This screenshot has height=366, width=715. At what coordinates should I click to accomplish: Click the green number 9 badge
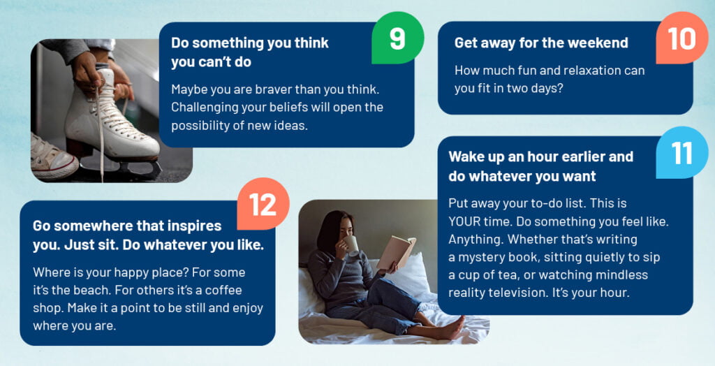pyautogui.click(x=397, y=38)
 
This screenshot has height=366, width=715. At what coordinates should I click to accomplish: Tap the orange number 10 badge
pyautogui.click(x=681, y=38)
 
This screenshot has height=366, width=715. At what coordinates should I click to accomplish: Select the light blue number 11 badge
pyautogui.click(x=682, y=152)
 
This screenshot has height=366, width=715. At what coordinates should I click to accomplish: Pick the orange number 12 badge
pyautogui.click(x=263, y=204)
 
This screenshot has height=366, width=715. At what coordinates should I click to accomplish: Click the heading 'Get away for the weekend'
pyautogui.click(x=541, y=43)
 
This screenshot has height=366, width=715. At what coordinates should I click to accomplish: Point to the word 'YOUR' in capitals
pyautogui.click(x=464, y=221)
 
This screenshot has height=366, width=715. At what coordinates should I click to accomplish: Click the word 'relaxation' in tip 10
pyautogui.click(x=583, y=71)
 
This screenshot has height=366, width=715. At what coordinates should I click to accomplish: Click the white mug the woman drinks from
pyautogui.click(x=351, y=244)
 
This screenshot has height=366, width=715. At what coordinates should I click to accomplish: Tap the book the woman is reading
pyautogui.click(x=395, y=252)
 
